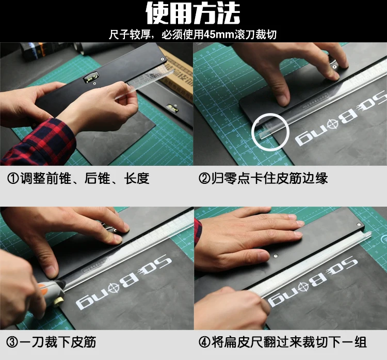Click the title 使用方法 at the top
(193, 13)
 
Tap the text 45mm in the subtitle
(219, 35)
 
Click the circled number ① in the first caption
(13, 178)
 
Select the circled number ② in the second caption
(204, 178)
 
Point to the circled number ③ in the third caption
(12, 342)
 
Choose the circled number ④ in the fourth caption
(204, 342)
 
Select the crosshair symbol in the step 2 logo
(333, 123)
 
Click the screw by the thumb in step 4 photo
(276, 256)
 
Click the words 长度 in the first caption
(137, 178)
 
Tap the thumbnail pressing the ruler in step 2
(283, 100)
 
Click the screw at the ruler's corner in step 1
(163, 59)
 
